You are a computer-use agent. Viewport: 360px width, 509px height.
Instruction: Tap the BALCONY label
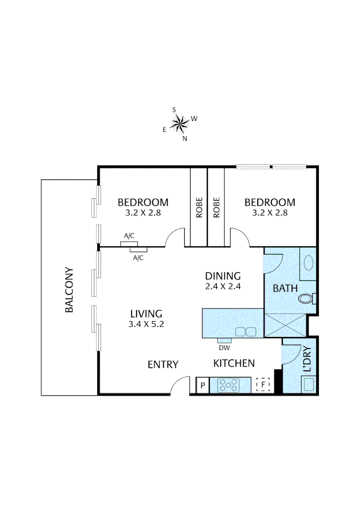(69, 290)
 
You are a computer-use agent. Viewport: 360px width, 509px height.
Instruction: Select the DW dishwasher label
(224, 348)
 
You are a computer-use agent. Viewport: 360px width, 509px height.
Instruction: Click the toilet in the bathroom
(306, 299)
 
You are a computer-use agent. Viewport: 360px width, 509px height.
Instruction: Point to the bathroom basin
(309, 263)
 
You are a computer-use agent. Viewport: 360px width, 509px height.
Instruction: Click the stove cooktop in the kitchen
(228, 386)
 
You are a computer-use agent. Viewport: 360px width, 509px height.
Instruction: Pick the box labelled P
(202, 386)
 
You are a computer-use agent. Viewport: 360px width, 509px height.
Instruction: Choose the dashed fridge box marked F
(263, 385)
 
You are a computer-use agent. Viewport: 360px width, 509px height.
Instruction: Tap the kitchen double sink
(245, 331)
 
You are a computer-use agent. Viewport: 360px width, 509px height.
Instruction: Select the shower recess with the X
(285, 325)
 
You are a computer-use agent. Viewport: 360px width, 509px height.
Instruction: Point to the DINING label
(223, 276)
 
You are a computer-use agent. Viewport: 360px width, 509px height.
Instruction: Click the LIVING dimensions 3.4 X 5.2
(146, 324)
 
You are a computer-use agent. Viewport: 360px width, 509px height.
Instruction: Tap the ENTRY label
(163, 364)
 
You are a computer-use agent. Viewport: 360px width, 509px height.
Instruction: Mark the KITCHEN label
(234, 363)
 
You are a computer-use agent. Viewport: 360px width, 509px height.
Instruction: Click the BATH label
(285, 287)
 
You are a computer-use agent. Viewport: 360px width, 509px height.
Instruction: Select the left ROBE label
(199, 207)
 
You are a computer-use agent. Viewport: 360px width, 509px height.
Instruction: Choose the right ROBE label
(216, 207)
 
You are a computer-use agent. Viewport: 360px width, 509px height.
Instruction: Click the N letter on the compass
(185, 138)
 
